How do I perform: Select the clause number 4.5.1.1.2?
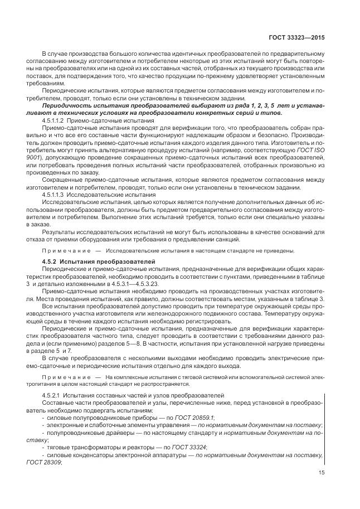54,120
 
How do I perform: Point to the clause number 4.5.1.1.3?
54,195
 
